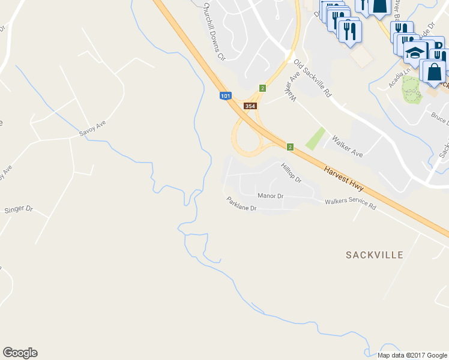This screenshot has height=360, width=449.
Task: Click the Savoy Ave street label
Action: [92, 127]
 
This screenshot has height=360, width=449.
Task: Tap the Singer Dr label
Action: [19, 209]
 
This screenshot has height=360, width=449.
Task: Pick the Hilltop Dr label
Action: [291, 172]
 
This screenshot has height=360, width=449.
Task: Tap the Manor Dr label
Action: [270, 196]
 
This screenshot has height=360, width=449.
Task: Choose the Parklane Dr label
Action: [241, 204]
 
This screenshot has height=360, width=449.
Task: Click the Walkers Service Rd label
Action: [351, 204]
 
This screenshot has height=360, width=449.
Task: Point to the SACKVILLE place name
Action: [375, 255]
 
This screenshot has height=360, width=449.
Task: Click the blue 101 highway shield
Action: [225, 95]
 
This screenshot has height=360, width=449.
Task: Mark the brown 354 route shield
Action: [251, 106]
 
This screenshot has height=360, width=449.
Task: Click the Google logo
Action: [20, 353]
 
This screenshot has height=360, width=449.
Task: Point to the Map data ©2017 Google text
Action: [412, 355]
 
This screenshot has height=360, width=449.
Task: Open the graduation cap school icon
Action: [415, 53]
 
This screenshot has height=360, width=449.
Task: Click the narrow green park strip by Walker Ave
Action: [315, 139]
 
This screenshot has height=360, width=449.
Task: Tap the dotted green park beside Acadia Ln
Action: [411, 89]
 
